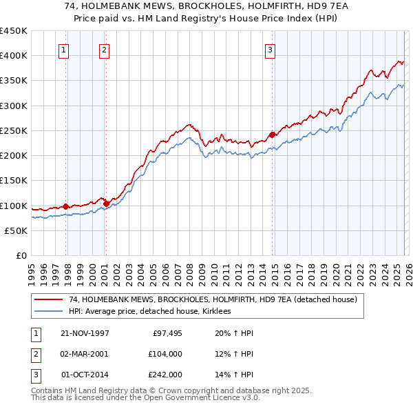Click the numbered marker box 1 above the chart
coord(63,50)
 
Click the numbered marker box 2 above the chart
coord(103,50)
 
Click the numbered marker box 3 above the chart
coord(270,50)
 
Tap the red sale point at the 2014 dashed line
coord(272,135)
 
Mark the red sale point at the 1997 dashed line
coord(66,206)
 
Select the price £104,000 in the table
coord(165,354)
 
